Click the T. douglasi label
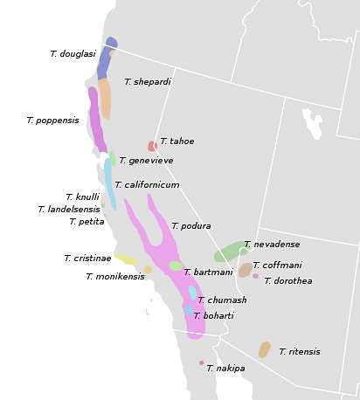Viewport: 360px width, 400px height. (x=73, y=54)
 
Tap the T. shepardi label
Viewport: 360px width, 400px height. (x=147, y=82)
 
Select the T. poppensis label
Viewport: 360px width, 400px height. (x=52, y=121)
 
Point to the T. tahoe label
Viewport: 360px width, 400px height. (x=177, y=141)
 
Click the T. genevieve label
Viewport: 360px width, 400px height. (x=146, y=161)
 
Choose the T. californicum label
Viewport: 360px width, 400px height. (x=147, y=185)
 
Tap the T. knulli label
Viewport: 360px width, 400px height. (x=82, y=197)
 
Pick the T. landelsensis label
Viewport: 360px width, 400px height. (x=69, y=210)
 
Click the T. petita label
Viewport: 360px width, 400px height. (x=87, y=222)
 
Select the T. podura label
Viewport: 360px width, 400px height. (x=190, y=226)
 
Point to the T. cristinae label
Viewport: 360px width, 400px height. (x=87, y=259)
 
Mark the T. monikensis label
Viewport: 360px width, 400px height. (x=115, y=277)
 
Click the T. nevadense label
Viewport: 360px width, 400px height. (x=272, y=245)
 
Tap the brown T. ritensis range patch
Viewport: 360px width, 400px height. (x=264, y=349)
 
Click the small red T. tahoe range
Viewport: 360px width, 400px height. (x=152, y=146)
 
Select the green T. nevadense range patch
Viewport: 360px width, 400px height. (x=232, y=252)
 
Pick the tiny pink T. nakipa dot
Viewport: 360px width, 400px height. (x=201, y=363)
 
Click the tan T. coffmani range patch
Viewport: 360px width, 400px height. (x=245, y=270)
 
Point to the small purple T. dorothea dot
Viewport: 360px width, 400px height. (x=255, y=277)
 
